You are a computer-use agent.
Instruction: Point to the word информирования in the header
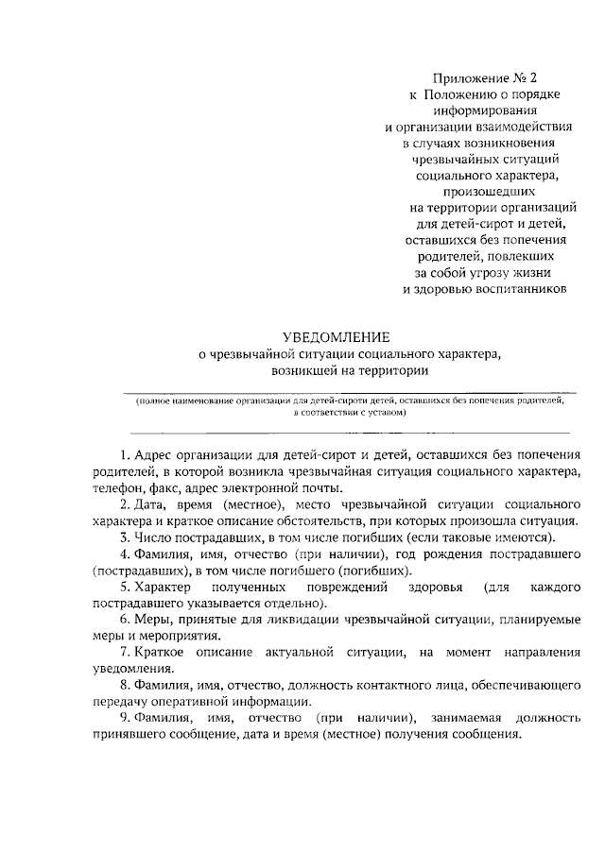486,110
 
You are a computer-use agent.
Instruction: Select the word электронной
274,488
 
